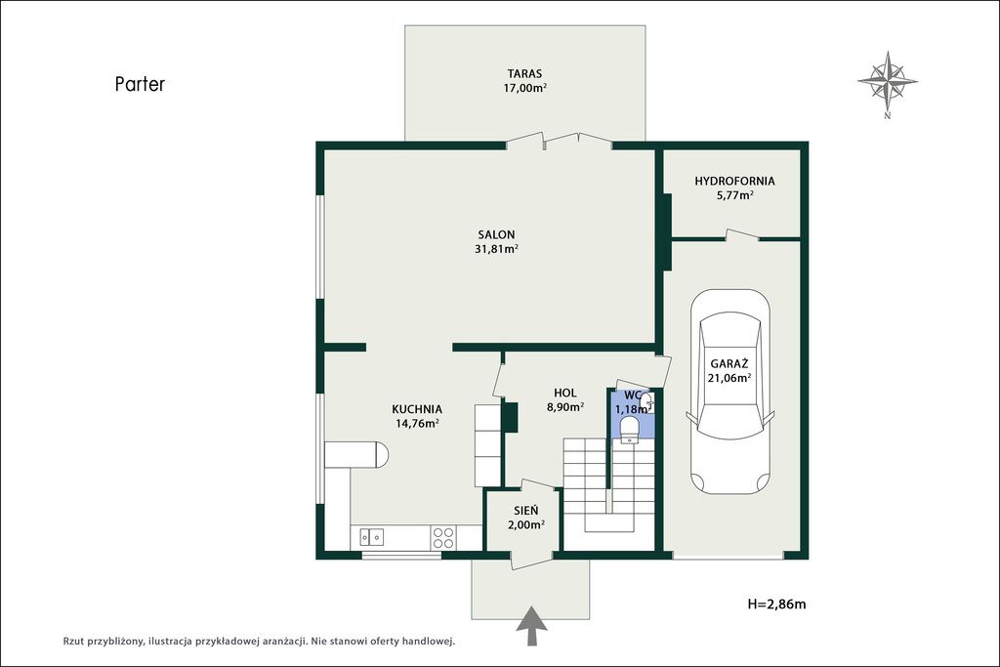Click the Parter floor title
click(140, 84)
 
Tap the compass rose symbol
click(887, 82)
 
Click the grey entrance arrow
click(531, 626)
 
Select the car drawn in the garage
click(730, 392)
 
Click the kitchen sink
click(371, 537)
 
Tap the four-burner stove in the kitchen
click(443, 537)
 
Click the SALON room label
click(496, 234)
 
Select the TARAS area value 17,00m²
click(524, 88)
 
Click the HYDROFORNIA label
click(734, 181)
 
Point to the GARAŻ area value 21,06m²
click(729, 378)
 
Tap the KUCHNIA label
click(417, 409)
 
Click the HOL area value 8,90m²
click(565, 407)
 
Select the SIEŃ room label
click(526, 510)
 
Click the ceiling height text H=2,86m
click(776, 604)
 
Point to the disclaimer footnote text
click(258, 641)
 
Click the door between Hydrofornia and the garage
click(742, 234)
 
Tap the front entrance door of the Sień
click(532, 560)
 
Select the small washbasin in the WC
click(647, 401)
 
